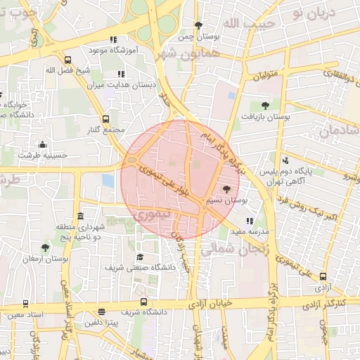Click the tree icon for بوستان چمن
coord(198,25)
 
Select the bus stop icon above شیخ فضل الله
coord(67,60)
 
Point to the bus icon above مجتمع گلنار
coord(105,119)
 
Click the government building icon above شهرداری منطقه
coord(80,216)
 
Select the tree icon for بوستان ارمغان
coord(46,247)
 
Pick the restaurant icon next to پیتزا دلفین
coord(102,311)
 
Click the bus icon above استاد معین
coord(26,304)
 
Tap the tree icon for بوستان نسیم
coord(226,189)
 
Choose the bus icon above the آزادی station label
coord(323,276)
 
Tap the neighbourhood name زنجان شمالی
coord(227,247)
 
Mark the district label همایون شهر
coord(190,54)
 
